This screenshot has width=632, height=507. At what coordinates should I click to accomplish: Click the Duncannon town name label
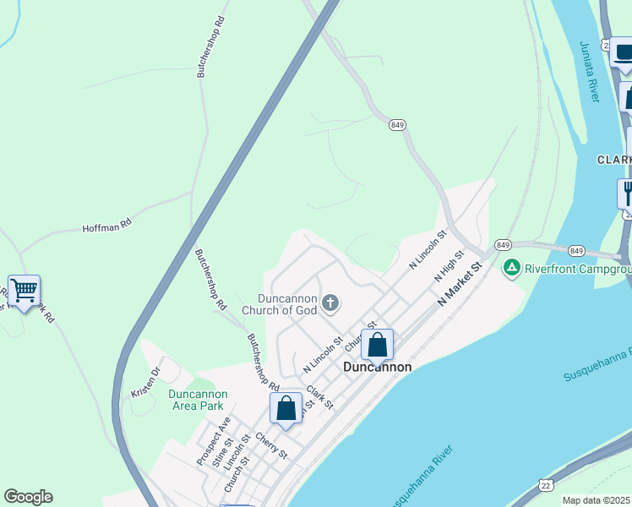378,368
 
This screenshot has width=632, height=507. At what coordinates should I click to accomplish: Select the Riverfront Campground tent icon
511,269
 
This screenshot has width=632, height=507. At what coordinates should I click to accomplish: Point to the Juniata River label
590,72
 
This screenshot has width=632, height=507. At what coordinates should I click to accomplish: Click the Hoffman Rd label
107,226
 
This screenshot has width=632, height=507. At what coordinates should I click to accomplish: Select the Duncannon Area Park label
198,400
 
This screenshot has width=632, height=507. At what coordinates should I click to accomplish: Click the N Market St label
459,285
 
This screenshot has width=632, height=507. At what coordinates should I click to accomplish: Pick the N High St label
450,265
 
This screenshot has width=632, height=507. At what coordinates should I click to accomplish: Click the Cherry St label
271,447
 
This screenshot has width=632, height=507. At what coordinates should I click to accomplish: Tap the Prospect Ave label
213,439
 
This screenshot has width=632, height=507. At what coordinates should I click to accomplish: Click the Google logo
28,497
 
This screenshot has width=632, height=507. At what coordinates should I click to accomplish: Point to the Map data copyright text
597,500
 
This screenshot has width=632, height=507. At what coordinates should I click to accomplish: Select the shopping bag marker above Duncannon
377,345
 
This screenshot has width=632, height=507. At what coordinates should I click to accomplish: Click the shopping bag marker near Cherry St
286,409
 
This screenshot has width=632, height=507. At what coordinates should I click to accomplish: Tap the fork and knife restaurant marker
626,194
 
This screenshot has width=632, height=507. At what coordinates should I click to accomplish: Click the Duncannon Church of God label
280,304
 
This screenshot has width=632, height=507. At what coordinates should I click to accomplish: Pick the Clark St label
319,397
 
